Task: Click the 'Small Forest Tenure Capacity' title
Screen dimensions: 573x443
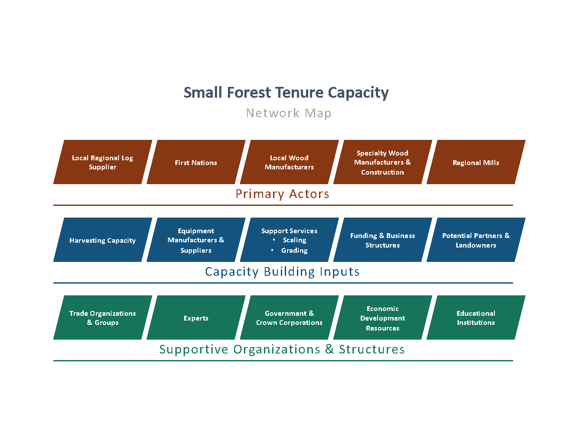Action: pos(286,93)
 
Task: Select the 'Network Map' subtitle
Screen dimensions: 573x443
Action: pos(289,113)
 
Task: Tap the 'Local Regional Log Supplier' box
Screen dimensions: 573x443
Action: pos(102,162)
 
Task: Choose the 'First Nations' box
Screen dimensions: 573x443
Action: pos(196,162)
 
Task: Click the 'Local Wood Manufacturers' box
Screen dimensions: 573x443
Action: pos(289,162)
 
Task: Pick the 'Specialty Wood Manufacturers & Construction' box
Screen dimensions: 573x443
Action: pos(382,162)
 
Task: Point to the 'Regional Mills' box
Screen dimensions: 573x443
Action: pos(476,162)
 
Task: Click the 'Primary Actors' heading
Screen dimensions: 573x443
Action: pos(282,194)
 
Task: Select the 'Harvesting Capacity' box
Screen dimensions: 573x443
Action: pos(102,240)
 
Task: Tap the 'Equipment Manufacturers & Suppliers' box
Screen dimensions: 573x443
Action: pos(196,240)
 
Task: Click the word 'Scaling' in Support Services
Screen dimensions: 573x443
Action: pos(295,240)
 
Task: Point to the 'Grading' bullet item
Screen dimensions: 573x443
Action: pos(294,251)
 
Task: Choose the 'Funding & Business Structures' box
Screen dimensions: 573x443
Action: pos(382,240)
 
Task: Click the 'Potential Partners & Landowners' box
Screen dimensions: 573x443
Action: pos(476,240)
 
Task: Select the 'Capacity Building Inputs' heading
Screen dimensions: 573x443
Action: pos(282,272)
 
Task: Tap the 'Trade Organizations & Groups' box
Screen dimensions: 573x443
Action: pos(102,317)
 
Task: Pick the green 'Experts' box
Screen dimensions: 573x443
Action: pos(196,317)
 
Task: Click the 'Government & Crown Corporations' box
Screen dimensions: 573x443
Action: pos(289,317)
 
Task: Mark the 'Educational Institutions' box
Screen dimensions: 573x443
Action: pos(476,317)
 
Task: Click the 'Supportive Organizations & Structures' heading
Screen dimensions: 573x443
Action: pos(282,350)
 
